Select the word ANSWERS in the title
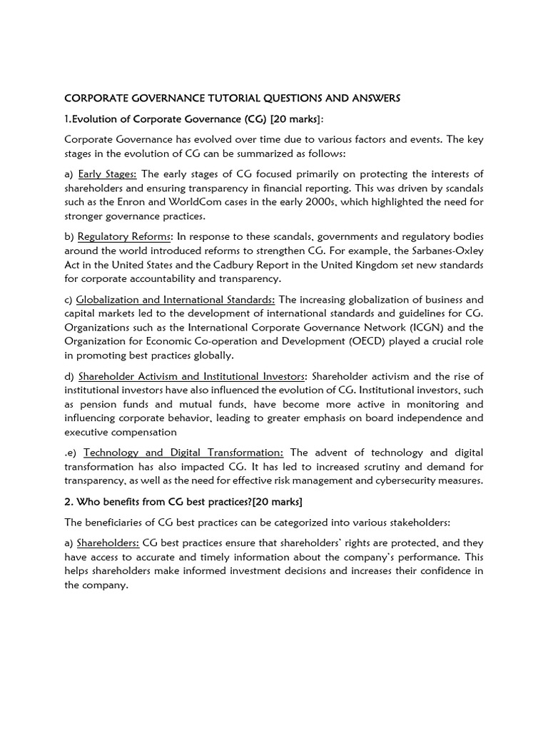[376, 99]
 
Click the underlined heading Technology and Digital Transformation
[183, 453]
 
